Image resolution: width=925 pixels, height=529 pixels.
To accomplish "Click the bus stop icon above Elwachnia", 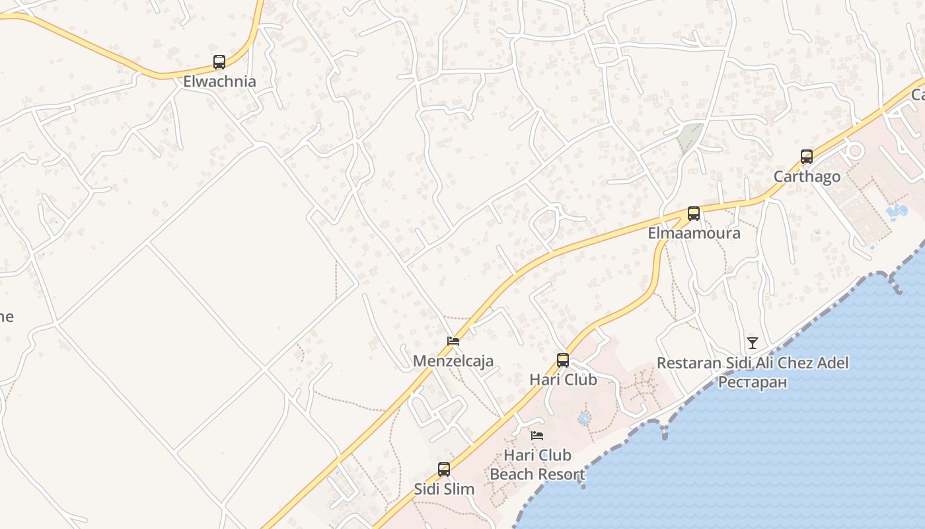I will click(x=219, y=62).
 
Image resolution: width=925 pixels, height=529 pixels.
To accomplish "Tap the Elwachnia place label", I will click(x=219, y=82).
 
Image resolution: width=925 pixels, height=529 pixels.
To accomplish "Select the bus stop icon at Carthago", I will click(x=807, y=157).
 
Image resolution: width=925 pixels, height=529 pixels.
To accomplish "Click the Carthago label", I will click(x=807, y=177).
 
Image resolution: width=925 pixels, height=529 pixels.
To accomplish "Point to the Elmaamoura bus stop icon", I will click(x=694, y=214).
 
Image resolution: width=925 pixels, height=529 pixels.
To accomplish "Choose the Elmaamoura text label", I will click(x=694, y=233).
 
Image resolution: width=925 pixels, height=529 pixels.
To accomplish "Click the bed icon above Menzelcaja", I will click(x=453, y=341).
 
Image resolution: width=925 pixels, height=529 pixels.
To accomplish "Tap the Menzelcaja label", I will click(x=453, y=361).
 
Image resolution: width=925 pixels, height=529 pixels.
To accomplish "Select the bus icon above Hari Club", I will click(x=563, y=360).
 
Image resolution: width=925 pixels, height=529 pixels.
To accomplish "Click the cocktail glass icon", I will click(x=753, y=343).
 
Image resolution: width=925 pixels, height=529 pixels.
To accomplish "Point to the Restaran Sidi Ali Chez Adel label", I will click(x=753, y=363).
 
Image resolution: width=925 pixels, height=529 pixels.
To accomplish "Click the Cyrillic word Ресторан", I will click(x=753, y=382).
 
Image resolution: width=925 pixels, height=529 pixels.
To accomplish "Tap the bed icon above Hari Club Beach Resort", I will click(x=537, y=436).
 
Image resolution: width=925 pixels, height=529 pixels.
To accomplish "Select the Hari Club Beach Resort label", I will click(x=537, y=465).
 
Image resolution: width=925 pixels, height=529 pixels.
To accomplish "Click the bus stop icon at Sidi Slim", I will click(x=444, y=469).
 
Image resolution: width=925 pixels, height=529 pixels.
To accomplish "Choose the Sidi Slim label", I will click(x=444, y=489).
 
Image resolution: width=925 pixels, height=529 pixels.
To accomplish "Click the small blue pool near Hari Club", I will click(x=584, y=419).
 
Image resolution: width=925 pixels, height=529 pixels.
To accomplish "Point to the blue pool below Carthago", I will click(x=897, y=212).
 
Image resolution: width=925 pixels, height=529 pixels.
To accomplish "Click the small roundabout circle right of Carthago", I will click(x=855, y=150).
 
